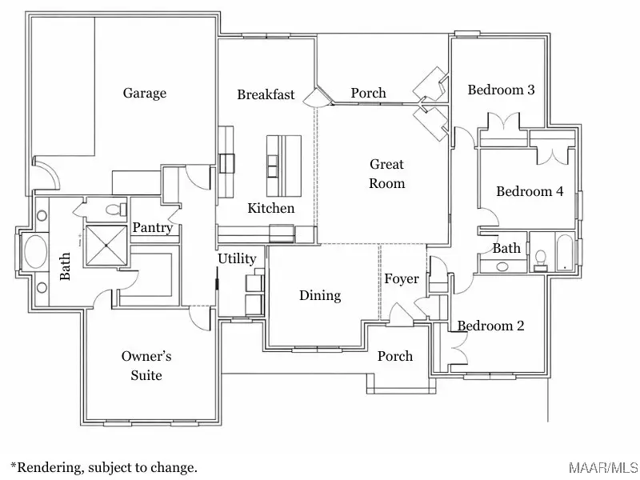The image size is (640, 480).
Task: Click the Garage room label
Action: (145, 94)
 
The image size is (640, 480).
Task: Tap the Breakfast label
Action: (266, 94)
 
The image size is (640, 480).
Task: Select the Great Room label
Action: (386, 174)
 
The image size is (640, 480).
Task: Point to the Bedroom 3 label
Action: (501, 90)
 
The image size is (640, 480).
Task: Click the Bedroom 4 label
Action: (530, 191)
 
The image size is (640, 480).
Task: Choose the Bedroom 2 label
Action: (490, 326)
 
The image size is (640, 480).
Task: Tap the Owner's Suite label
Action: (146, 366)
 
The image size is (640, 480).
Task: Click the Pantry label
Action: (153, 228)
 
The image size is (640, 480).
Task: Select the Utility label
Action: (237, 258)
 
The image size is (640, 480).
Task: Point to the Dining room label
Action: (320, 295)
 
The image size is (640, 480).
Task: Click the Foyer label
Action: (402, 278)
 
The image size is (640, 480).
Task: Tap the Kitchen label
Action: (270, 208)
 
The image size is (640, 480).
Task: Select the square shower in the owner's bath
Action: (106, 245)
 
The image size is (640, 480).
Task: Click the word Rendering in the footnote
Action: (48, 467)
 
